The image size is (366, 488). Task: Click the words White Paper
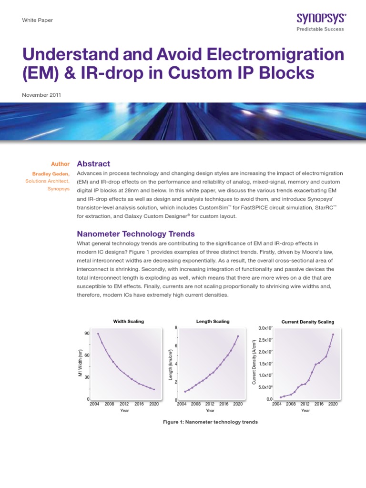point(38,20)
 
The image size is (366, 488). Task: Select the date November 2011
point(41,95)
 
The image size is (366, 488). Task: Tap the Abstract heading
point(93,163)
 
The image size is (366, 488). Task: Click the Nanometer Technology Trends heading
point(136,234)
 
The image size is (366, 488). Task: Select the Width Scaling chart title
point(128,321)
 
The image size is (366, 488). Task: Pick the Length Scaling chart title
point(213,321)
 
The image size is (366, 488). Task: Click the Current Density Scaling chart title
point(308,322)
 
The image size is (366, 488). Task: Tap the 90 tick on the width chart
point(87,334)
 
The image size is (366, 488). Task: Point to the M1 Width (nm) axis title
point(81,363)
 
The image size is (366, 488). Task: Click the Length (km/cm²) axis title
point(170,364)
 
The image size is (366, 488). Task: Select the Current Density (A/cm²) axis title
point(254,363)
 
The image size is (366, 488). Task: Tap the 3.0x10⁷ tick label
point(265,328)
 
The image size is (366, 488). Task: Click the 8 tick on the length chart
point(176,327)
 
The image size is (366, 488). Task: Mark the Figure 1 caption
point(210,422)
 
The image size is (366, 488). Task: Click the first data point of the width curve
point(98,334)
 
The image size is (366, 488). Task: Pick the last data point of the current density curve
point(333,334)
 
